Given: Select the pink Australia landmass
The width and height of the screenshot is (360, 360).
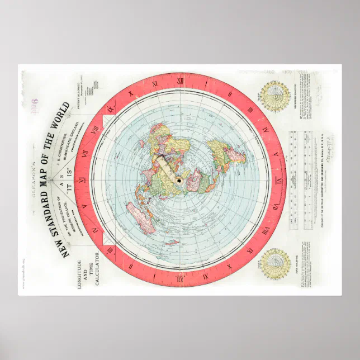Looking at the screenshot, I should coord(140,215).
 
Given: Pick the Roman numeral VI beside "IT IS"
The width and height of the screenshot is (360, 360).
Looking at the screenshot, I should coord(82,179).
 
